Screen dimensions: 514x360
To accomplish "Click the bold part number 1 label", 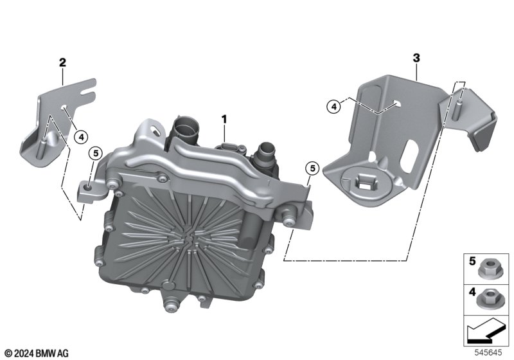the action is [224, 120].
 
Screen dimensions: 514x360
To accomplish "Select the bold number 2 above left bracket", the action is [62, 62].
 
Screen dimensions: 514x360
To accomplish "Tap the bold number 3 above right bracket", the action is [416, 58].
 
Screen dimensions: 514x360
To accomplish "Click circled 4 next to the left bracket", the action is [81, 137].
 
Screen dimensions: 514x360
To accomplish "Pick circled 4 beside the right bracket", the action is [333, 107].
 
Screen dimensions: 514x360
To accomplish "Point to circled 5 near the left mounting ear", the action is [96, 153].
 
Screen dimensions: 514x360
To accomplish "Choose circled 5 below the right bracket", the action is [312, 168].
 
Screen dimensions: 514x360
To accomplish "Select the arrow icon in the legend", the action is [485, 331].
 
